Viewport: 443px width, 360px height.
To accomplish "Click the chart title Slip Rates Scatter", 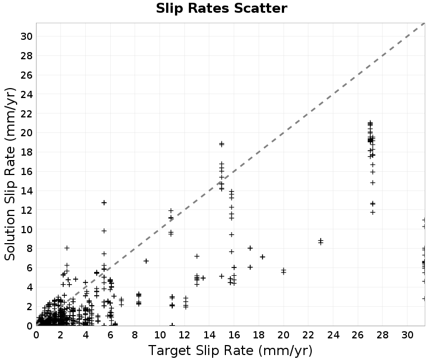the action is coord(221,8).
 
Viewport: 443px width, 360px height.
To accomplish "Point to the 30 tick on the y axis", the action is coord(26,37).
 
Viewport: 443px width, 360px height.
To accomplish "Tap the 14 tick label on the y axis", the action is coord(26,191).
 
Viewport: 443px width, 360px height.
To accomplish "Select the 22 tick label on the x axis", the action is coord(308,335).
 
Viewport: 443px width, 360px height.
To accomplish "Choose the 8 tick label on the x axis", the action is coord(135,335).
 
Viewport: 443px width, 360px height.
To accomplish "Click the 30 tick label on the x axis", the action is coord(407,335).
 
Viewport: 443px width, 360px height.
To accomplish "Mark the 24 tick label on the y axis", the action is coord(26,94).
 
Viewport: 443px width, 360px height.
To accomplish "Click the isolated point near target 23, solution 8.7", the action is coord(321,241).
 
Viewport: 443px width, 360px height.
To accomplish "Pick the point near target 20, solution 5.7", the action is coord(284,271).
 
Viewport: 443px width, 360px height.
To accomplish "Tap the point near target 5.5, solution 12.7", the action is coord(104,203).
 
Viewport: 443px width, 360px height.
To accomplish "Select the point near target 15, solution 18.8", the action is coord(221,144).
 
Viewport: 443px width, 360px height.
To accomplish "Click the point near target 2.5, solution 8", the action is coord(67,248).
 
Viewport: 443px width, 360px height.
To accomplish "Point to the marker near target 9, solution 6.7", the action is coord(146,261).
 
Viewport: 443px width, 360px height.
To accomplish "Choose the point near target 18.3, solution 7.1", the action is coord(262,257).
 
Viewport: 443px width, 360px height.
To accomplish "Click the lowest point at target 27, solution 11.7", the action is coord(373,212).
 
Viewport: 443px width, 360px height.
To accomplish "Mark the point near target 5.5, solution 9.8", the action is coord(104,231).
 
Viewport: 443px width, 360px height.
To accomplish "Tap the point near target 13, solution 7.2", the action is coord(197,256).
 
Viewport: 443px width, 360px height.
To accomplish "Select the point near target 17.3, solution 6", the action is coord(250,267).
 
